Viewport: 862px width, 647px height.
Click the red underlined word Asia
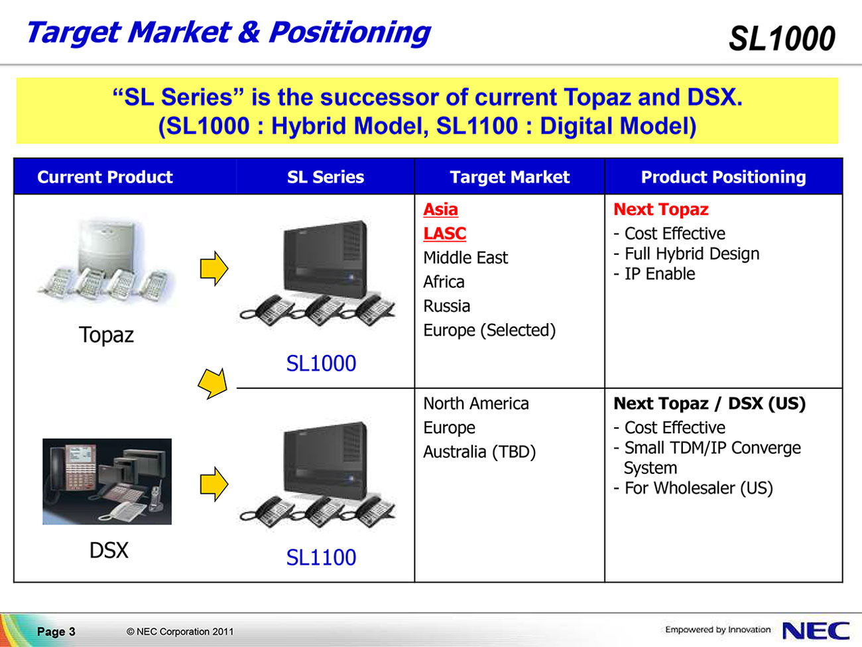click(440, 210)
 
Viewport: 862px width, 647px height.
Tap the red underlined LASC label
click(444, 234)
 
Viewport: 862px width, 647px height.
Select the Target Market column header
click(509, 177)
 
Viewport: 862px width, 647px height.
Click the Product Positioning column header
click(723, 177)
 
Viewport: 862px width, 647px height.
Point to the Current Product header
click(105, 177)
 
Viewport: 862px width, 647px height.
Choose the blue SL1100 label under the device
click(321, 557)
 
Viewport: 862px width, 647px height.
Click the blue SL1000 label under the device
click(321, 363)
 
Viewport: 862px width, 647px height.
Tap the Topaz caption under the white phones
click(106, 335)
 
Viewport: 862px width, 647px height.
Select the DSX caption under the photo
click(109, 550)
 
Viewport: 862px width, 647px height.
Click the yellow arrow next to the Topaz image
click(214, 269)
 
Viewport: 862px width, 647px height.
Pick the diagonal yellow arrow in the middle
click(213, 384)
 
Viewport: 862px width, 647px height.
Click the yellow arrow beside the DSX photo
click(214, 484)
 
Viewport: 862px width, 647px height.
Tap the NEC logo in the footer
click(816, 631)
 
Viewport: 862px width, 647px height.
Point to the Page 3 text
click(56, 631)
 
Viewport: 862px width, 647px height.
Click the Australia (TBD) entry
click(479, 452)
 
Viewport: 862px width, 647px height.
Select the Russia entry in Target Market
click(446, 306)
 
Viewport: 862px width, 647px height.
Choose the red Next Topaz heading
click(661, 210)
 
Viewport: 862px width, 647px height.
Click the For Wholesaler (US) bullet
click(694, 488)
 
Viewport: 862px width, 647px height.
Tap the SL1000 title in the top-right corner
click(782, 38)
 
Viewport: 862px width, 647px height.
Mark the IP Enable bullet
click(654, 274)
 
